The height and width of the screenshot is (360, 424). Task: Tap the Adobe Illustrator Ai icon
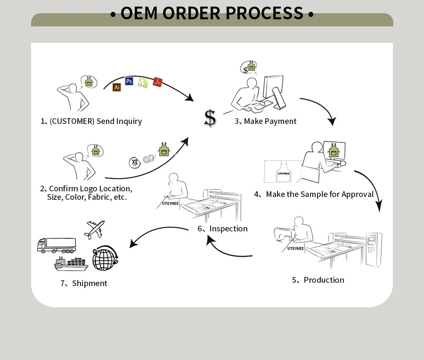coord(117,87)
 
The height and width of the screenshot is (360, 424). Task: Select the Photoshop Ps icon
coord(129,81)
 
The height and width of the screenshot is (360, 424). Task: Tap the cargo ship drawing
coord(71,263)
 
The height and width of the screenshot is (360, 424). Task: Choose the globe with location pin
coord(105,258)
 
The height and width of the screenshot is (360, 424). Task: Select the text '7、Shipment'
coord(83,283)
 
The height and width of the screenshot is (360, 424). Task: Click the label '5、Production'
coord(318,280)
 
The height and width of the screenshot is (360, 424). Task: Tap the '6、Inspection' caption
coord(222,229)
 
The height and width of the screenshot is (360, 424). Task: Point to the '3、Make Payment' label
coord(266,121)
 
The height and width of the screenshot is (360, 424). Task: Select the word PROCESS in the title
coord(264,13)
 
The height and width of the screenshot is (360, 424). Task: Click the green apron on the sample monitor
coord(334,151)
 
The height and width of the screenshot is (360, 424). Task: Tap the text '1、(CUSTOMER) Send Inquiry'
coord(91,121)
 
